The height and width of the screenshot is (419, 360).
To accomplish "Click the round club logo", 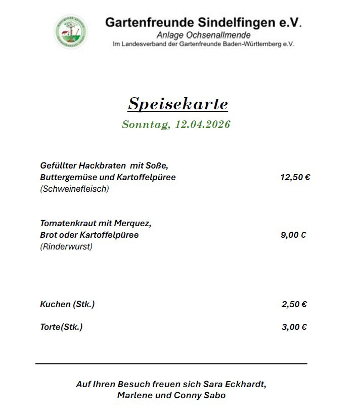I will [x=71, y=32].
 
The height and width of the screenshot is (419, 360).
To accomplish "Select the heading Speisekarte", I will [x=178, y=104].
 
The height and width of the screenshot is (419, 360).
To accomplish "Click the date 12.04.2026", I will [x=202, y=124].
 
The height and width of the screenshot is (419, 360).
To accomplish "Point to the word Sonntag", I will [x=146, y=124].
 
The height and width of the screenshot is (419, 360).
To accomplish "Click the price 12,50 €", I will [x=295, y=177].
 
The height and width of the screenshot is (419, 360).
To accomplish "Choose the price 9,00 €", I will [x=293, y=235].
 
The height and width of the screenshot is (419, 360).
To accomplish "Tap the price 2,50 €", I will [x=294, y=304].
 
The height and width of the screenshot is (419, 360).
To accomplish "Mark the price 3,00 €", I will [x=294, y=327].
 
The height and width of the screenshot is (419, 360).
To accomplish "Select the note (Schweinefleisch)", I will [x=74, y=189].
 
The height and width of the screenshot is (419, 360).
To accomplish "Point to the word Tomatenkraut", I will [x=68, y=223].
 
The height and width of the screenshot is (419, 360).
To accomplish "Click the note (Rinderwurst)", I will [x=66, y=247].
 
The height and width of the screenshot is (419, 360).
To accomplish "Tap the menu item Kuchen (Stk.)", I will [x=67, y=304].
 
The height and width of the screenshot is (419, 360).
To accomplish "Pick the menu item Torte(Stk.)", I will [x=61, y=327].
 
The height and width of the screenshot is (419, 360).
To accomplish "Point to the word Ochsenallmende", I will [x=221, y=35].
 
